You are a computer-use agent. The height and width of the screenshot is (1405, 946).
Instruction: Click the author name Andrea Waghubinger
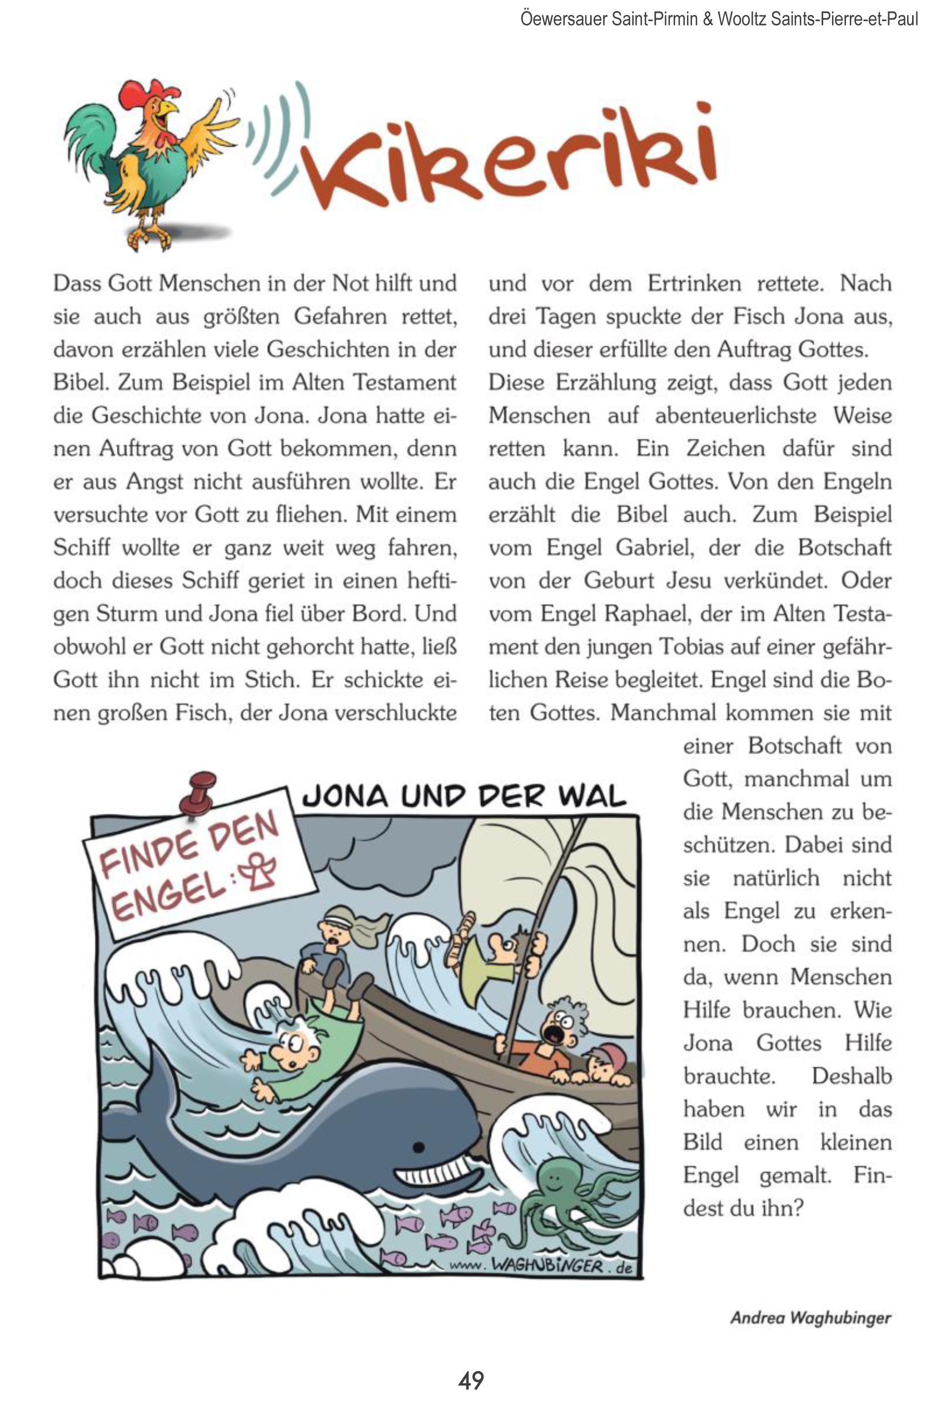(810, 1318)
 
